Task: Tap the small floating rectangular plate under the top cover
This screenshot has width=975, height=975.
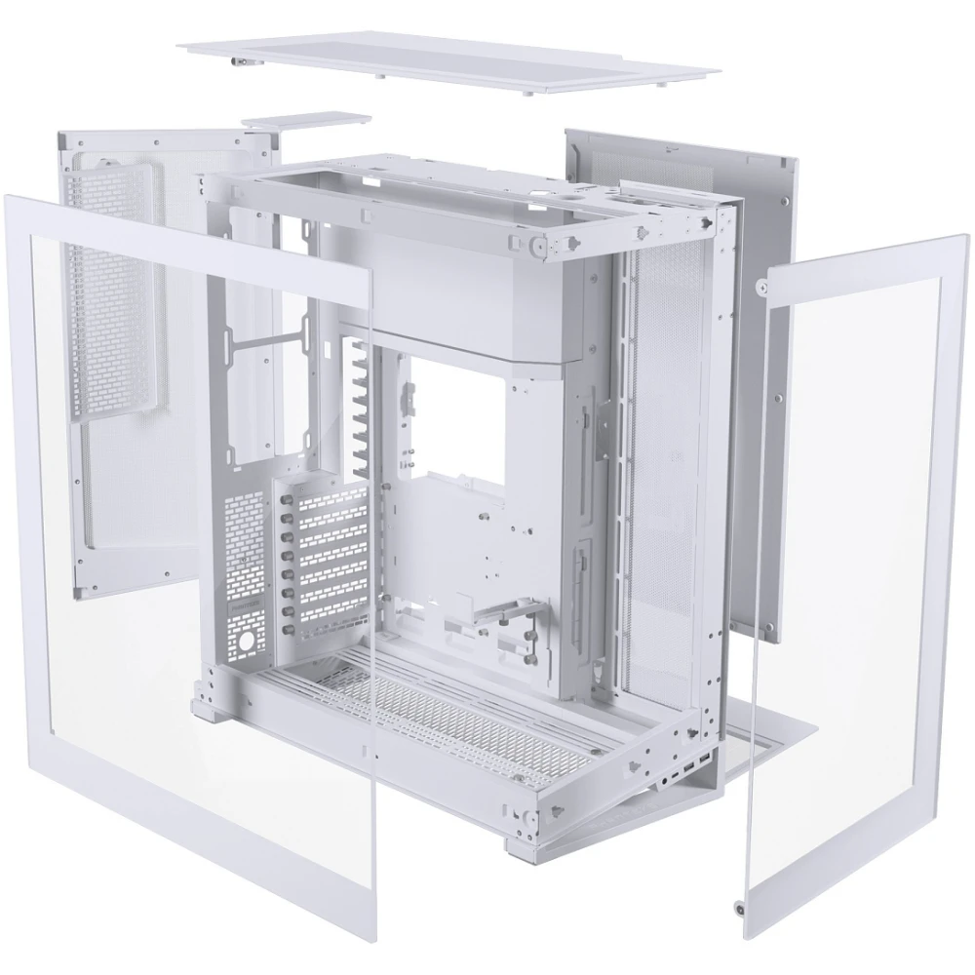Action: [307, 122]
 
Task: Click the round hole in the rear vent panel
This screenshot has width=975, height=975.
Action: [246, 641]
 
